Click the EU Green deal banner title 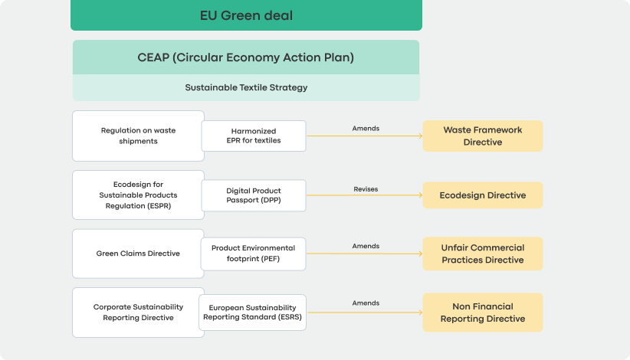pyautogui.click(x=246, y=15)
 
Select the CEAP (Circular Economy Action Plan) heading pyautogui.click(x=246, y=57)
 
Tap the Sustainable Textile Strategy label pyautogui.click(x=246, y=87)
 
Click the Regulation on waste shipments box pyautogui.click(x=138, y=136)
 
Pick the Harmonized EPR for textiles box pyautogui.click(x=254, y=136)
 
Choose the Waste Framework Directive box pyautogui.click(x=483, y=136)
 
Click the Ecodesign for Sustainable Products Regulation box pyautogui.click(x=138, y=195)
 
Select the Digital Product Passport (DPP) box pyautogui.click(x=254, y=195)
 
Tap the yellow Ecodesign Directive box pyautogui.click(x=483, y=195)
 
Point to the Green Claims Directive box pyautogui.click(x=138, y=254)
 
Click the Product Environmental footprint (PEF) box pyautogui.click(x=253, y=254)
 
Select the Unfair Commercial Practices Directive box pyautogui.click(x=483, y=254)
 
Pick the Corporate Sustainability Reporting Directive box pyautogui.click(x=138, y=313)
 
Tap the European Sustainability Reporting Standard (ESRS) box pyautogui.click(x=252, y=313)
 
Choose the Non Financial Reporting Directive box pyautogui.click(x=483, y=313)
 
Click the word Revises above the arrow pyautogui.click(x=366, y=189)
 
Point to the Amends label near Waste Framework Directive pyautogui.click(x=366, y=129)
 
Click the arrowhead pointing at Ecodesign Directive pyautogui.click(x=421, y=195)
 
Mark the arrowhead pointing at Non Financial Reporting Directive pyautogui.click(x=421, y=313)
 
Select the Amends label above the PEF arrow pyautogui.click(x=366, y=246)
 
